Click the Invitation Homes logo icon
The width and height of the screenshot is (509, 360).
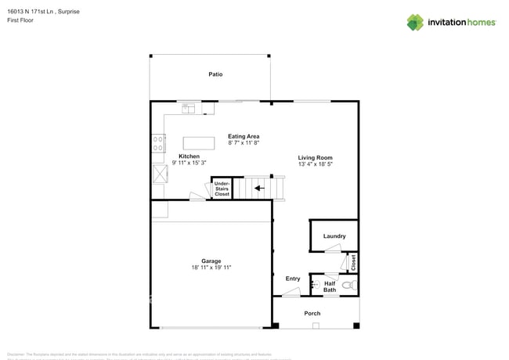tap(415, 23)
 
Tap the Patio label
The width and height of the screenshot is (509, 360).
tap(215, 74)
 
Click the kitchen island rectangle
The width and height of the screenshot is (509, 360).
tap(199, 143)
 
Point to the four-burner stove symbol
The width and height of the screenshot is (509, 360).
tap(158, 143)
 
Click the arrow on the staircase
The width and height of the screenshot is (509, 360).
tap(258, 188)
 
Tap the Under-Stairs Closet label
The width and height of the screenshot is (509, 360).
tap(222, 189)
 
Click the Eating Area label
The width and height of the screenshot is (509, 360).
tap(244, 136)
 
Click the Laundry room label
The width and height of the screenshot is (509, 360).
tap(334, 236)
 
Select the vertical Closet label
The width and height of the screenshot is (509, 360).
tap(353, 262)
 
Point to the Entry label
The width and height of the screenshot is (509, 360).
tap(293, 279)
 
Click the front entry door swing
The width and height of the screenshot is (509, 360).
tap(291, 292)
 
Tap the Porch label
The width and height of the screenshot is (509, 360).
tap(312, 313)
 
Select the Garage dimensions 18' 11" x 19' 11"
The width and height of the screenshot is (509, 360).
tap(211, 268)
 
